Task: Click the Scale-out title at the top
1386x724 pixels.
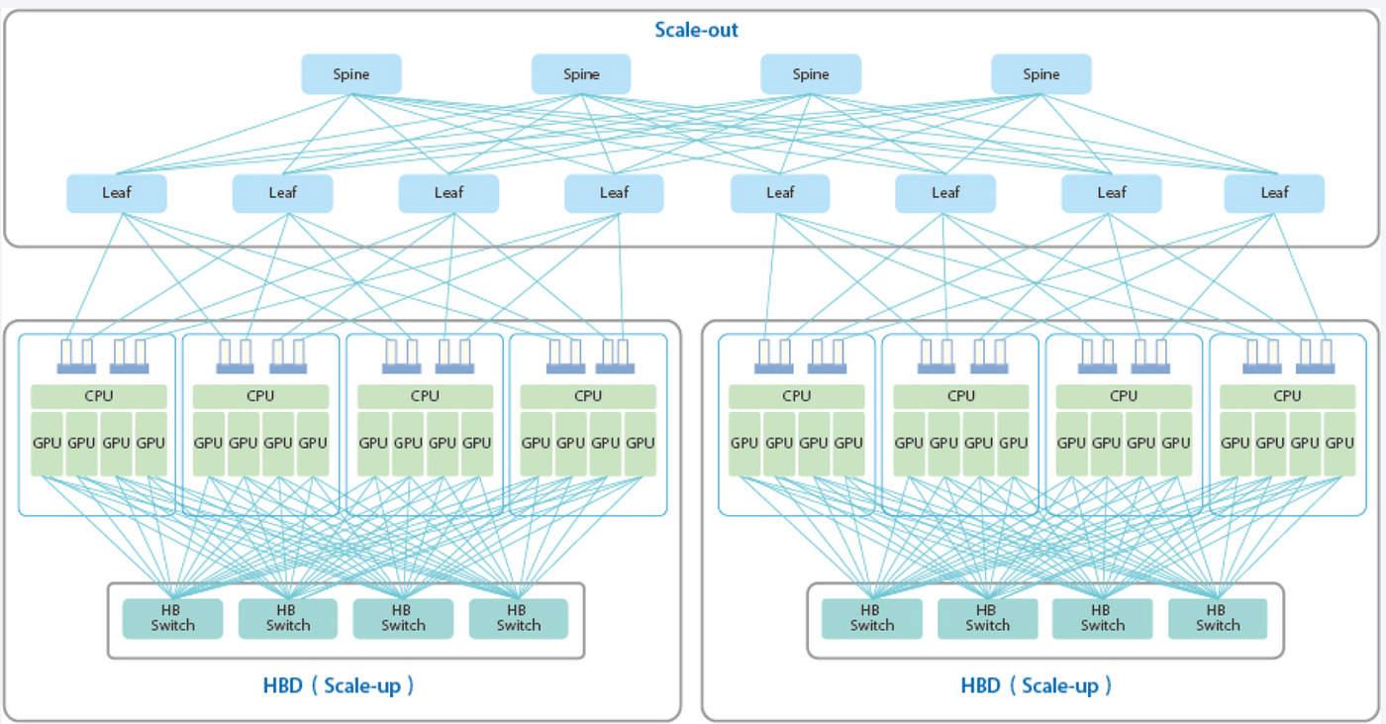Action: [696, 30]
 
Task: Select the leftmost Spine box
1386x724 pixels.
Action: [351, 74]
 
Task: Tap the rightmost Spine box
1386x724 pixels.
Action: [1040, 74]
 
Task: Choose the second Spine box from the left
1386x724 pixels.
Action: [581, 74]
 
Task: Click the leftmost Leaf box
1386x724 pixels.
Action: [117, 193]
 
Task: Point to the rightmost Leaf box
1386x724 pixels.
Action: [1274, 193]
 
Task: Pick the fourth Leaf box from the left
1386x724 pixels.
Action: [614, 193]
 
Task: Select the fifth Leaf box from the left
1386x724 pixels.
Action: [780, 193]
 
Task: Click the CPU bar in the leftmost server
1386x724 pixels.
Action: [99, 396]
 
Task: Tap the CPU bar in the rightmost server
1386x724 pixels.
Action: [1287, 396]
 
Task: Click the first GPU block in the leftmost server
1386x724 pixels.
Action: [48, 444]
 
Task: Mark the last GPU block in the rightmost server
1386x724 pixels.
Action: [1339, 444]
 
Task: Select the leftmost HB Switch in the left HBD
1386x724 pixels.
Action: [172, 618]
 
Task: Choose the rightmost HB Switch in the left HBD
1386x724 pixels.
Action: [519, 618]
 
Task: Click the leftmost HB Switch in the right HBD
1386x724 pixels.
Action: [872, 618]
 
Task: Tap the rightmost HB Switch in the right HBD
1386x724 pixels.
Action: [1218, 618]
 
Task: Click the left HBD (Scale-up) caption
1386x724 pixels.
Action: [339, 685]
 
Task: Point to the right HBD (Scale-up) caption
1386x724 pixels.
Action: [1037, 685]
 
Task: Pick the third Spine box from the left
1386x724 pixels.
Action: [811, 74]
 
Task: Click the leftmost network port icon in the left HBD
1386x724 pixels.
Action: [76, 357]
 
